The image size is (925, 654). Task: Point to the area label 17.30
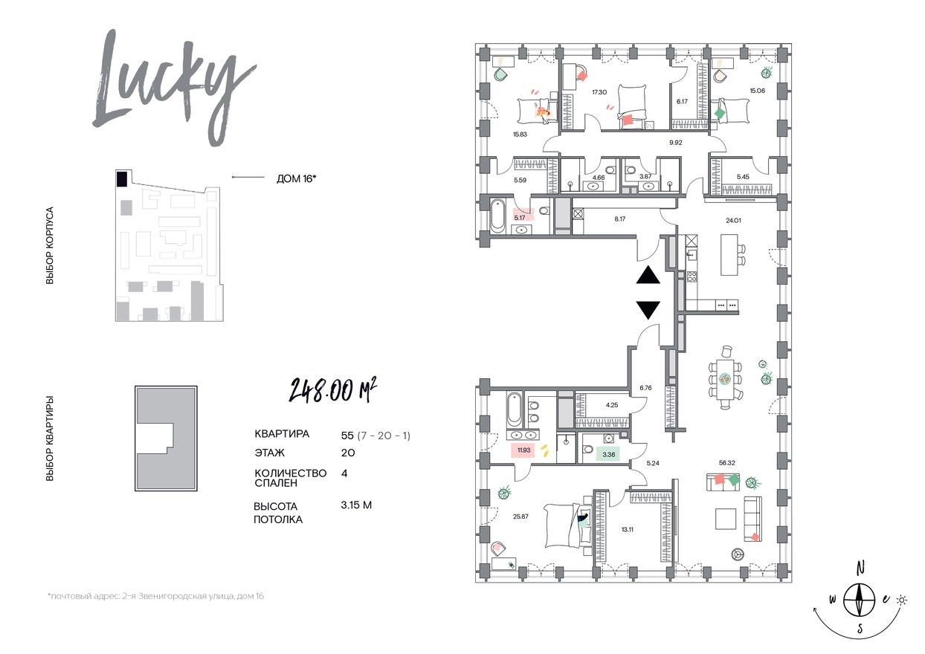click(599, 92)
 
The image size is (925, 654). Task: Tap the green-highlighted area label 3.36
click(609, 454)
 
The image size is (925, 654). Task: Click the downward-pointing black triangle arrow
click(648, 310)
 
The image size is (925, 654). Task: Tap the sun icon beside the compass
click(902, 598)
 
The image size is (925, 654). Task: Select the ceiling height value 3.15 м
click(355, 505)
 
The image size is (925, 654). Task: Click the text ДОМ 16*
click(295, 178)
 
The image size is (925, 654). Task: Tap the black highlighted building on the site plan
click(120, 178)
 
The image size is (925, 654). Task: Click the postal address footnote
click(155, 596)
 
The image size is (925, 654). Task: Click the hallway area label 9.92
click(675, 142)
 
